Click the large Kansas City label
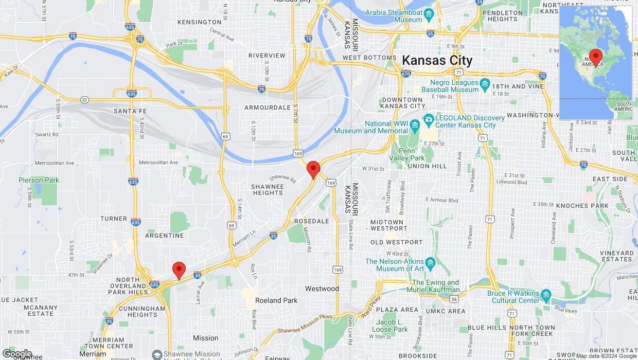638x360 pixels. tap(437, 60)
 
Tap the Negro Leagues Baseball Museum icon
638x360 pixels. tap(484, 83)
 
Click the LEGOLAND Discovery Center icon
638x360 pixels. tap(428, 119)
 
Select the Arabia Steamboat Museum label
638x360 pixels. tap(394, 16)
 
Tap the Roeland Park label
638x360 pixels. tap(276, 300)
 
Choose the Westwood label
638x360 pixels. tap(322, 289)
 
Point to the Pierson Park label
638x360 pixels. tap(39, 180)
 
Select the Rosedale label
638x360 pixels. tap(311, 221)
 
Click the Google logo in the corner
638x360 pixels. tap(16, 354)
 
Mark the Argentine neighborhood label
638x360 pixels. tap(165, 236)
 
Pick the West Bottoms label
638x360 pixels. tap(369, 58)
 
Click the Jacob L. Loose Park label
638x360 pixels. tap(390, 326)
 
